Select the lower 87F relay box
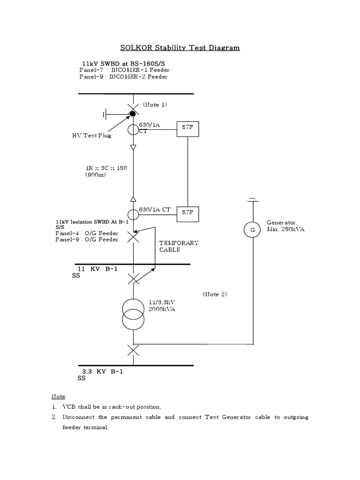point(188,214)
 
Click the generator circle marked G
point(252,229)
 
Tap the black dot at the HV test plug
point(133,113)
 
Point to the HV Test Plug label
point(89,135)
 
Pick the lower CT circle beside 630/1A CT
point(133,215)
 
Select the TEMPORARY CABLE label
point(179,246)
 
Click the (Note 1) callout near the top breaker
point(155,105)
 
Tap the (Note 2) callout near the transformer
point(215,294)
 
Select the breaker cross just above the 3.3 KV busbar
point(133,350)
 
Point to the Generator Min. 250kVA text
point(285,226)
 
